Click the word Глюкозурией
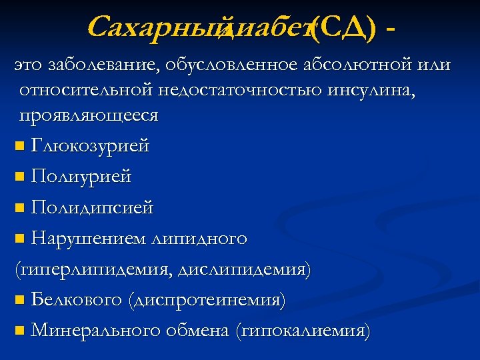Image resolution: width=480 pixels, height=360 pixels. click(x=90, y=145)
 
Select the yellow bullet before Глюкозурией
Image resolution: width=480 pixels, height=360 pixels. click(x=20, y=146)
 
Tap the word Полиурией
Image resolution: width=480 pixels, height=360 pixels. click(x=81, y=177)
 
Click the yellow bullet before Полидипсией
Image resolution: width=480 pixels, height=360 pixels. click(x=20, y=209)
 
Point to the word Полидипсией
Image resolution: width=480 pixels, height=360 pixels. click(x=92, y=208)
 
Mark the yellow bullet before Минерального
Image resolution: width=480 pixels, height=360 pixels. click(x=20, y=331)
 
